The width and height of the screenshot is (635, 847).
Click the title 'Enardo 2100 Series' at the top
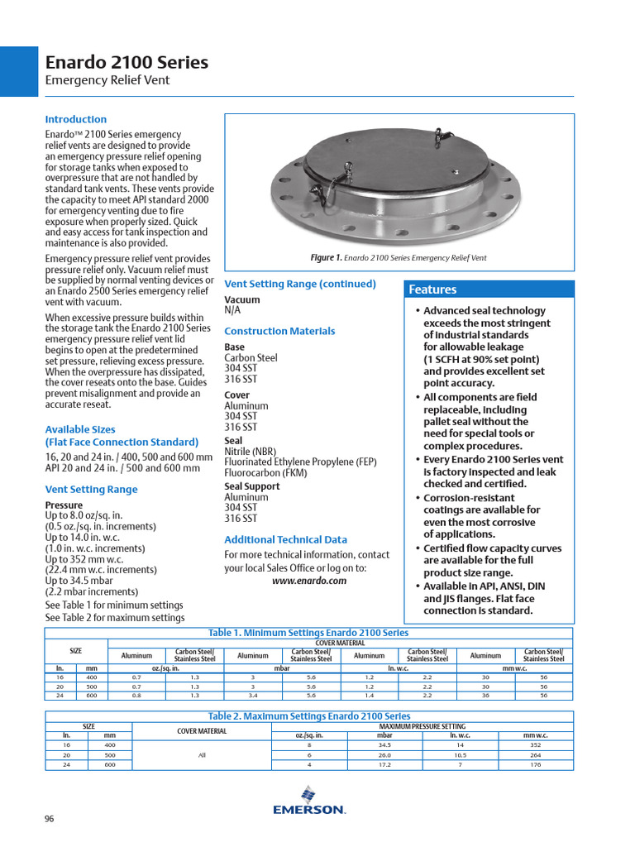[x=127, y=63]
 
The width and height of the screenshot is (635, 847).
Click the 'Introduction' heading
[x=75, y=119]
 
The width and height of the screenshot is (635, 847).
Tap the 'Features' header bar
[x=489, y=290]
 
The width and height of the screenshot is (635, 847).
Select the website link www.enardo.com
[x=309, y=581]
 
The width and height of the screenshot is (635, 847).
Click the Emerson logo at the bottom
[x=308, y=802]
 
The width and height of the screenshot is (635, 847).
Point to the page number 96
[x=50, y=819]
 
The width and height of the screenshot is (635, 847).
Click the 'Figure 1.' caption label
[x=327, y=258]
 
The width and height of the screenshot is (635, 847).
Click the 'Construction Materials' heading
[x=279, y=331]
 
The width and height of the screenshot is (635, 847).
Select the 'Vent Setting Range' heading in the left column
[x=91, y=489]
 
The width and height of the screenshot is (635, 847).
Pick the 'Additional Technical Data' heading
[x=285, y=539]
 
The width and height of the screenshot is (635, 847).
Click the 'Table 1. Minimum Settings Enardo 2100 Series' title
[x=308, y=633]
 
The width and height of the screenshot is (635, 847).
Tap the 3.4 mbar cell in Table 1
[x=253, y=696]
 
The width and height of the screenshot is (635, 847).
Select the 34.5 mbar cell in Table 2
[x=384, y=745]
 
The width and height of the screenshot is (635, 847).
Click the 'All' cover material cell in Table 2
[x=202, y=755]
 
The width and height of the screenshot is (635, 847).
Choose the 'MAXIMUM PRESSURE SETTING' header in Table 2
[x=423, y=726]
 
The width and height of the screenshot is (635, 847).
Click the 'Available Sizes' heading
[x=80, y=429]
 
